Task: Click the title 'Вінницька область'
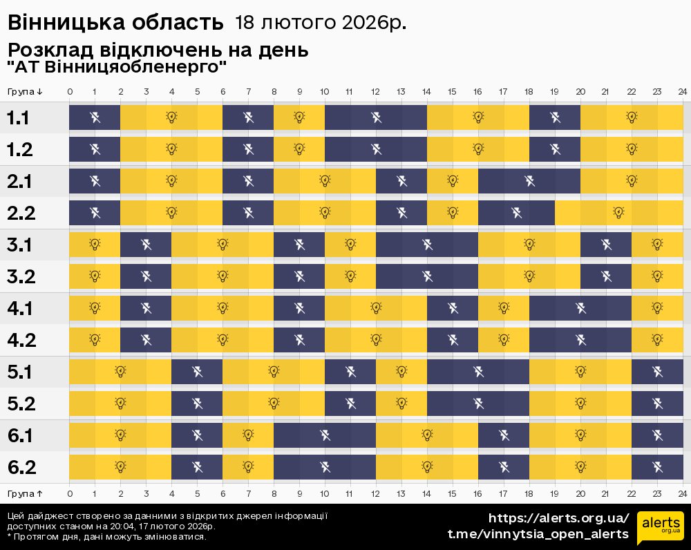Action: [x=116, y=23]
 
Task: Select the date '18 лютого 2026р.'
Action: [x=321, y=23]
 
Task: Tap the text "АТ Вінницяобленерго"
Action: [x=117, y=68]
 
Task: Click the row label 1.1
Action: [x=18, y=117]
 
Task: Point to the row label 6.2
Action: [x=21, y=468]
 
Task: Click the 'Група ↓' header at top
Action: [x=25, y=92]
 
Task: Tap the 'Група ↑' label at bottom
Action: [x=25, y=493]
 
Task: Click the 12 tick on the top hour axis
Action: [x=376, y=92]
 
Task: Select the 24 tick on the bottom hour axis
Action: [x=682, y=493]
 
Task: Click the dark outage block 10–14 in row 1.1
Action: [x=376, y=117]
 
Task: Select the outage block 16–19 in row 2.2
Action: [x=516, y=213]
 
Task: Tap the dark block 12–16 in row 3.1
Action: [x=427, y=244]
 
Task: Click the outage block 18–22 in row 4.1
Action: [x=580, y=308]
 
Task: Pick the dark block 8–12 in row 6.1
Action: [x=325, y=435]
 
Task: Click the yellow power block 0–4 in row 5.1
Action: [x=120, y=372]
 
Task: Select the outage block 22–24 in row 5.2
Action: [x=657, y=404]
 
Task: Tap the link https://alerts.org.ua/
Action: [x=558, y=518]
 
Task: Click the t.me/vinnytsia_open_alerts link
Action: [x=538, y=534]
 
